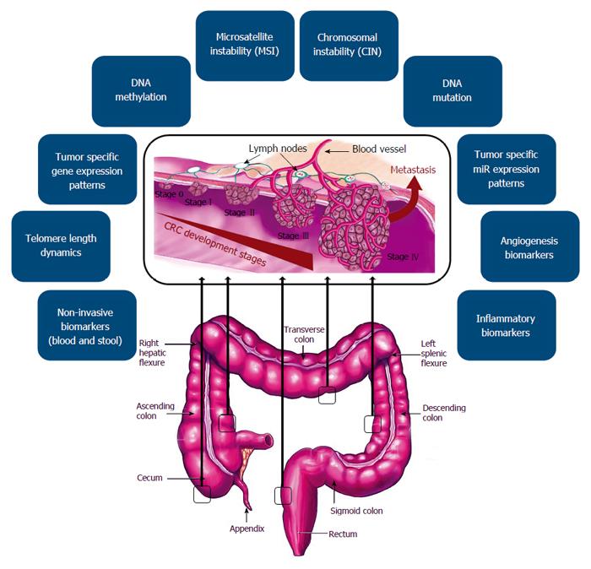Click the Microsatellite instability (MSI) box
244,45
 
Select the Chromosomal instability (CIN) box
348,45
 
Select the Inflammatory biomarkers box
507,326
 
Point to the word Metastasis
413,169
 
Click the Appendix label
247,528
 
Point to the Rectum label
343,534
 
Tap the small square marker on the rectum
284,496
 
